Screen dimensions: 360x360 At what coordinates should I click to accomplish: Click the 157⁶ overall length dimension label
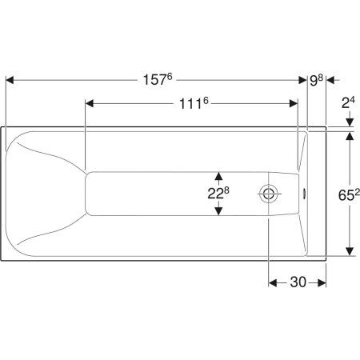pyautogui.click(x=158, y=79)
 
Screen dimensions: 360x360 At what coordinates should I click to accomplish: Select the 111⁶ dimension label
pyautogui.click(x=194, y=103)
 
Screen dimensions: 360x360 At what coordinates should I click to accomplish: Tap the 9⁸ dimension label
pyautogui.click(x=316, y=80)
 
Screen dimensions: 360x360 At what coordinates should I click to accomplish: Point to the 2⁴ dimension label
pyautogui.click(x=348, y=102)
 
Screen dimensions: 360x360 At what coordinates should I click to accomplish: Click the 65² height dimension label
pyautogui.click(x=349, y=194)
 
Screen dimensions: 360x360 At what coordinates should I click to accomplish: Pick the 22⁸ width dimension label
pyautogui.click(x=218, y=194)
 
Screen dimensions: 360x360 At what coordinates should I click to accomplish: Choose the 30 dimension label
pyautogui.click(x=298, y=282)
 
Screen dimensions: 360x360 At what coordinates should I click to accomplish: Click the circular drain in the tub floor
pyautogui.click(x=268, y=194)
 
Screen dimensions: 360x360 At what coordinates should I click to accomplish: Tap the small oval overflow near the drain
pyautogui.click(x=304, y=194)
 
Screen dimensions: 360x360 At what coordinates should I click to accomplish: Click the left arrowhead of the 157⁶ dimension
pyautogui.click(x=10, y=80)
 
